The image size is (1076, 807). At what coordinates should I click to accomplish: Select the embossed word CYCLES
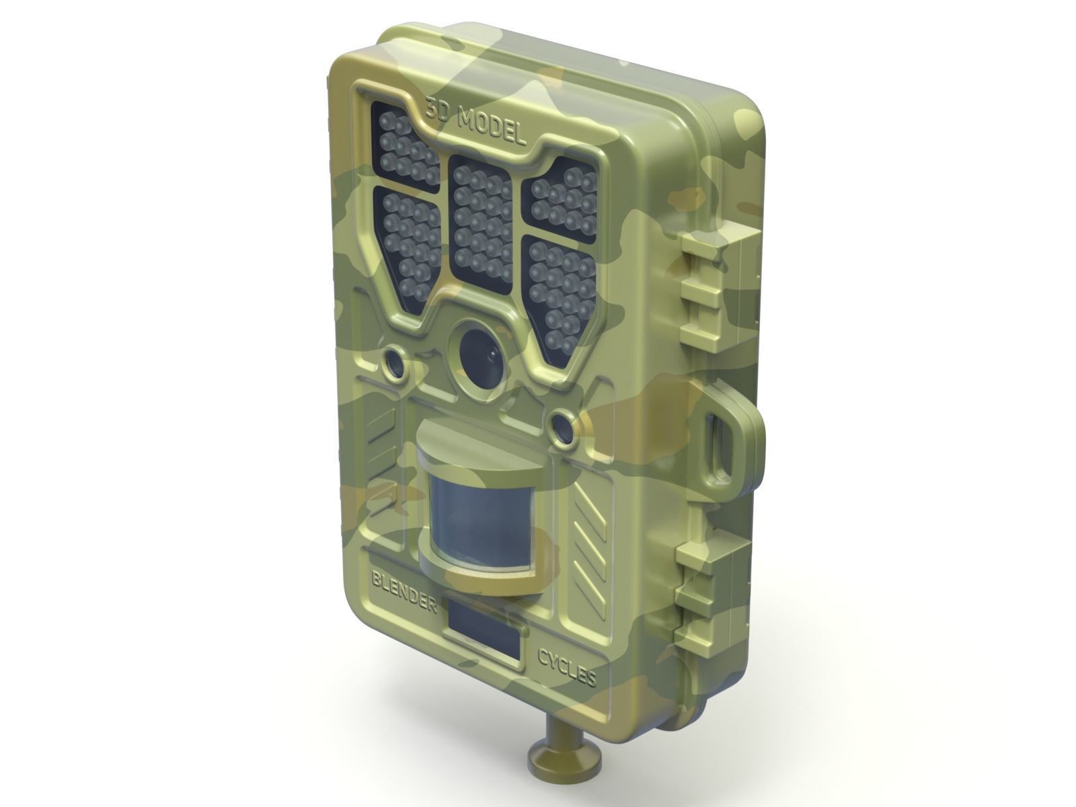pyautogui.click(x=566, y=666)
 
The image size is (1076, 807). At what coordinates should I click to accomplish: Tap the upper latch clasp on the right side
pyautogui.click(x=713, y=289)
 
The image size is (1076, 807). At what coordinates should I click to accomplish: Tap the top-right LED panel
pyautogui.click(x=564, y=195)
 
